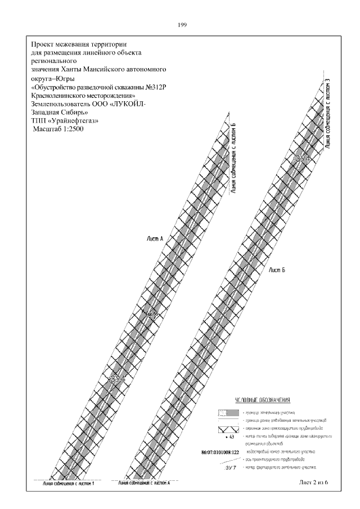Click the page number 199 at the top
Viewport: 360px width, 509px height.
[x=182, y=25]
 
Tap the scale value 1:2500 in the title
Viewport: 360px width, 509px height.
[x=70, y=129]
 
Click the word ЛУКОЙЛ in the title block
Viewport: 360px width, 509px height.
[x=131, y=103]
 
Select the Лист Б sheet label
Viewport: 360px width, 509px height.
[x=277, y=271]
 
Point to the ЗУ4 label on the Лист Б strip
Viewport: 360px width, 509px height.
[x=302, y=160]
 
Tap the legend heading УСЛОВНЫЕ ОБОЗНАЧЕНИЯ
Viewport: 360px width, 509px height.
[x=262, y=400]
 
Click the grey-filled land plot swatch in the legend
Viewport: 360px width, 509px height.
[x=227, y=412]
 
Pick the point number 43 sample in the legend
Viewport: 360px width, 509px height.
[x=229, y=436]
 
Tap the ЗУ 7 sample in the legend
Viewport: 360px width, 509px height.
[x=231, y=467]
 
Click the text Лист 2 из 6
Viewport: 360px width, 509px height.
[x=313, y=483]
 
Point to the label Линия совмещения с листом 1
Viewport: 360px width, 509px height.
[x=66, y=484]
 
